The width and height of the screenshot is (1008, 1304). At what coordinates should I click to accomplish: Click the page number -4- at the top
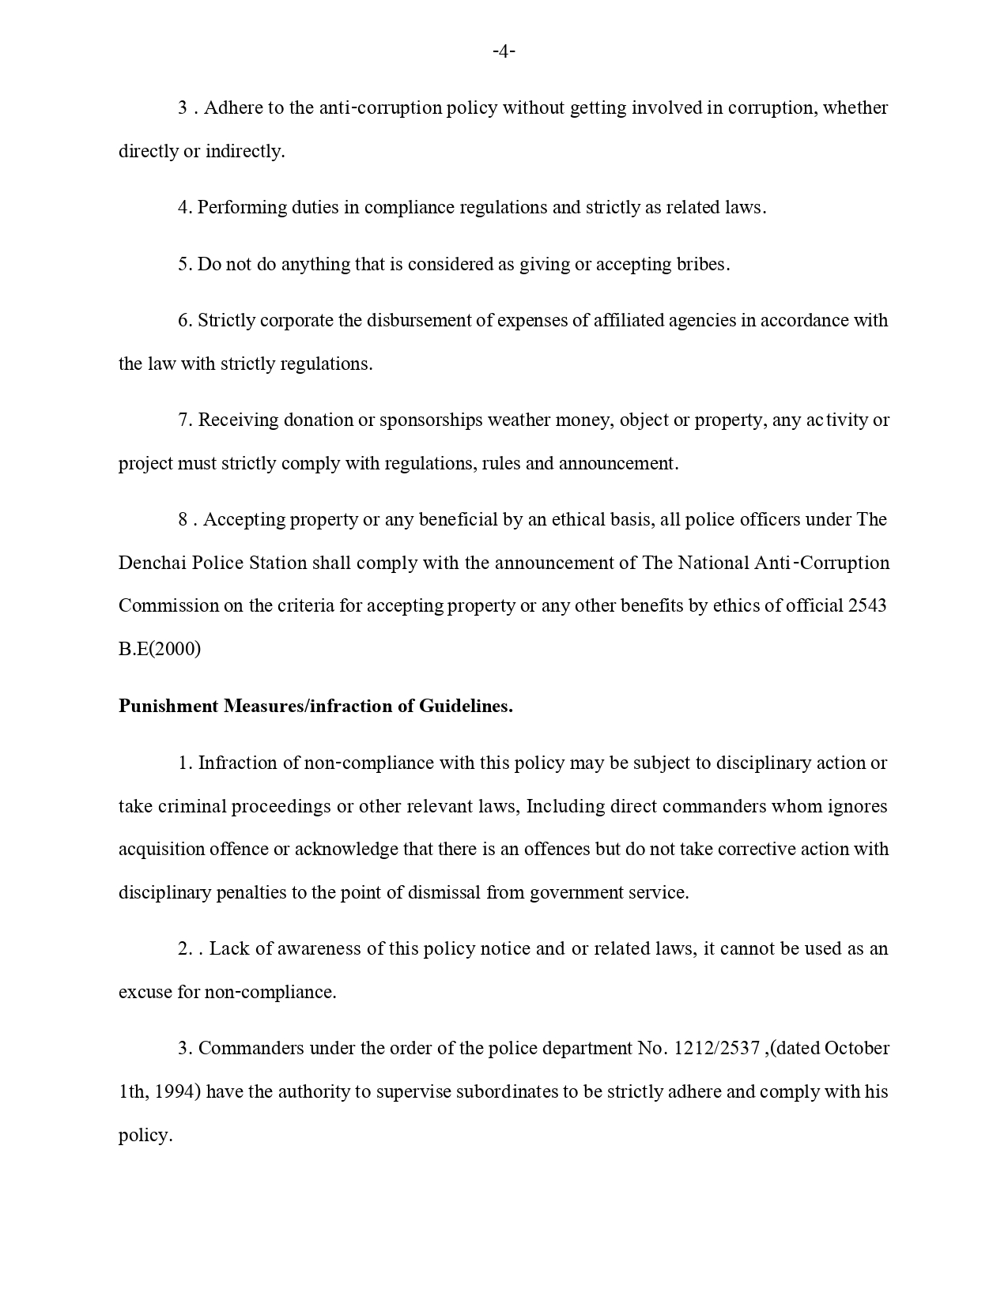[x=504, y=52]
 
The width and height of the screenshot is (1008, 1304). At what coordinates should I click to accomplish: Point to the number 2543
[x=866, y=605]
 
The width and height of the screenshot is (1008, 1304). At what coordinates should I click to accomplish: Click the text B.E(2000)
[x=160, y=649]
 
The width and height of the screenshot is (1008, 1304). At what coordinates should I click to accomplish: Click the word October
[x=856, y=1048]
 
